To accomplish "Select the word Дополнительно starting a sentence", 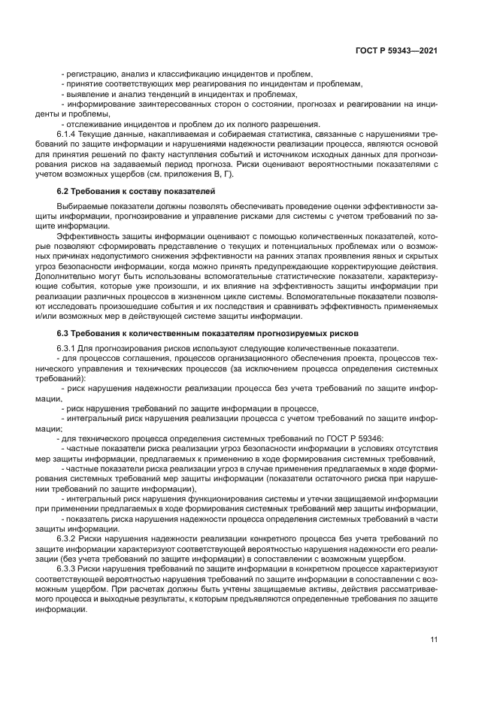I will pos(68,277).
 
